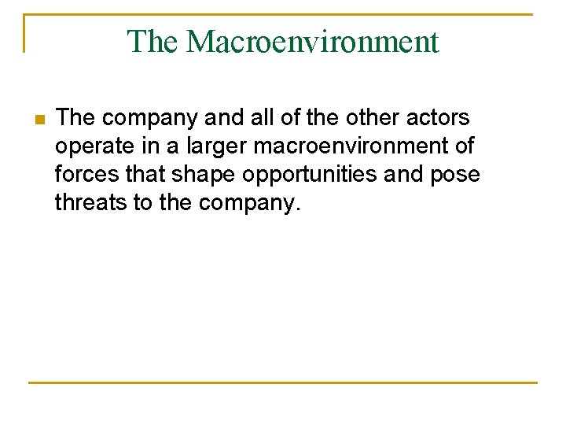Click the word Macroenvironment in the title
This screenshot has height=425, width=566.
click(312, 42)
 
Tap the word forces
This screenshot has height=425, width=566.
click(86, 175)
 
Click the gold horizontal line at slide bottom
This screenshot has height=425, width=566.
click(283, 382)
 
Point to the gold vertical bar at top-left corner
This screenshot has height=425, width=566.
click(25, 33)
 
